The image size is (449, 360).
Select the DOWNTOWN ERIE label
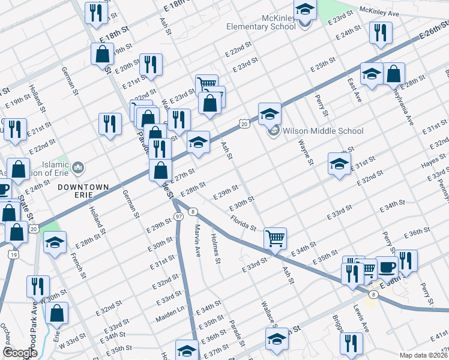coord(83,187)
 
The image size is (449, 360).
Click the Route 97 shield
coord(178,215)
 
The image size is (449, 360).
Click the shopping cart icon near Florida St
coord(275,238)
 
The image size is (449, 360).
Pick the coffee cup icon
coord(387,266)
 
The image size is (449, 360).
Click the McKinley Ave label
coord(379,11)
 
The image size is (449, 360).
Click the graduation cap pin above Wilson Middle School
coord(270,113)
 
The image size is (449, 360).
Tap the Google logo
coord(20,352)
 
